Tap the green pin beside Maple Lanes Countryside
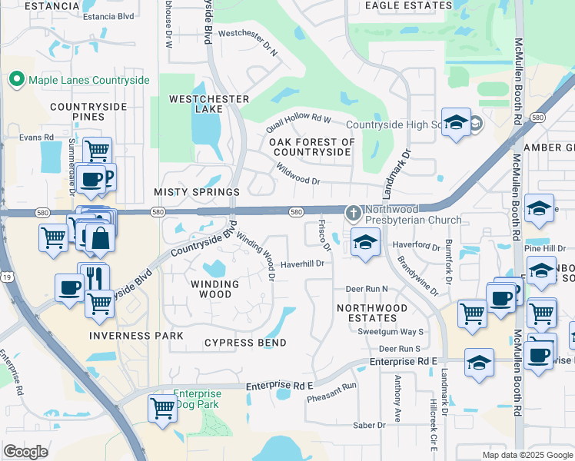pyautogui.click(x=16, y=79)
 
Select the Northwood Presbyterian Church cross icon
pyautogui.click(x=353, y=211)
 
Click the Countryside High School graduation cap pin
pyautogui.click(x=456, y=123)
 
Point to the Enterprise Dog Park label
pyautogui.click(x=196, y=399)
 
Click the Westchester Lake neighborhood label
pyautogui.click(x=209, y=104)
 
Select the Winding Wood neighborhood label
pyautogui.click(x=210, y=289)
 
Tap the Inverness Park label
pyautogui.click(x=136, y=336)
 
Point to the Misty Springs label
pyautogui.click(x=197, y=191)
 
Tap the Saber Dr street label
pyautogui.click(x=369, y=425)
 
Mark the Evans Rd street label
pyautogui.click(x=37, y=137)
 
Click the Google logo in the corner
pyautogui.click(x=26, y=451)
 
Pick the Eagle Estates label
pyautogui.click(x=408, y=5)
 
